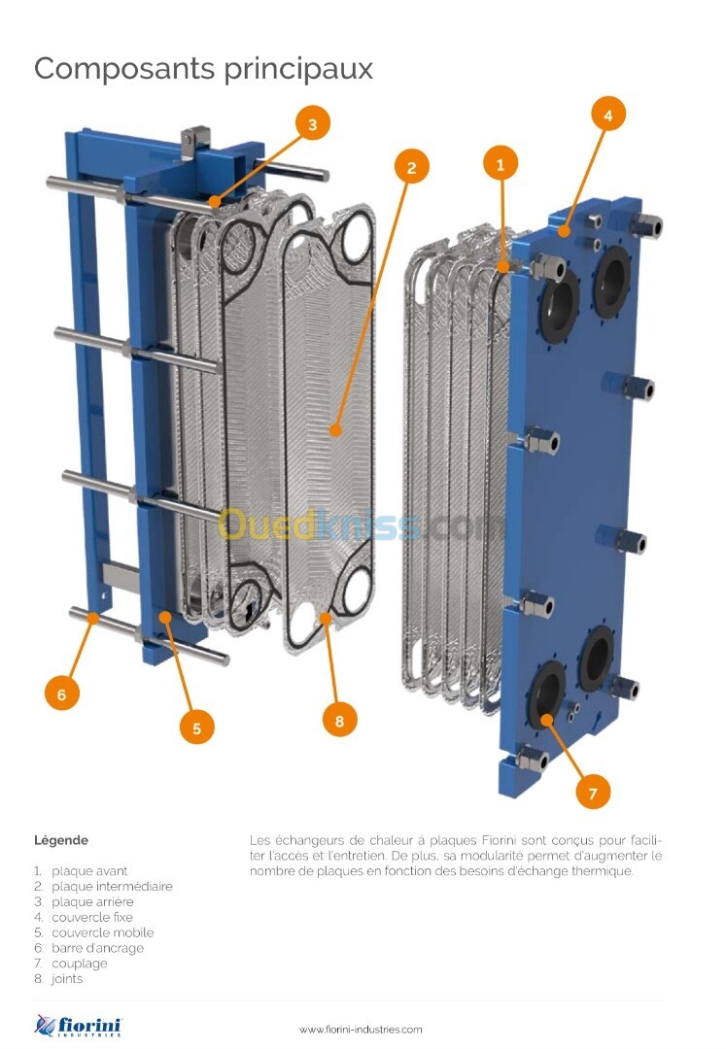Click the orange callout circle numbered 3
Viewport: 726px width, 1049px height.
click(313, 123)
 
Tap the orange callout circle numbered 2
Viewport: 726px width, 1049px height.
click(411, 167)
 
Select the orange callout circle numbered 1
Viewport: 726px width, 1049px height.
click(501, 162)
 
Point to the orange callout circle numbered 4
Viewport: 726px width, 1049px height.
click(607, 115)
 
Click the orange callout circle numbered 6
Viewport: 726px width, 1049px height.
click(62, 694)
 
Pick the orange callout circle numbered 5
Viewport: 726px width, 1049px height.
click(196, 728)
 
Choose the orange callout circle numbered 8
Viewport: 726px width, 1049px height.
click(339, 720)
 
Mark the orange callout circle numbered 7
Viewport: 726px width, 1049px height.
click(593, 793)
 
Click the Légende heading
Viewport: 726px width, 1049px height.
click(61, 840)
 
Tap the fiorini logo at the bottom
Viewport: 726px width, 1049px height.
click(79, 1025)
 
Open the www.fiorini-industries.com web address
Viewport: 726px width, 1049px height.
click(361, 1029)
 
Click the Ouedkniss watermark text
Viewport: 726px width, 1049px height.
click(362, 525)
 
